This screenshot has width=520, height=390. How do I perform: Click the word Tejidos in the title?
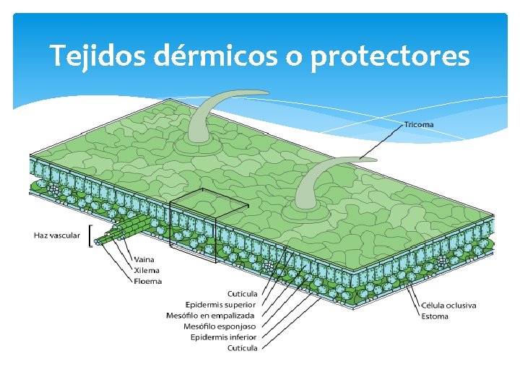click(100, 56)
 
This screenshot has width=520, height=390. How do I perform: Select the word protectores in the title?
click(390, 56)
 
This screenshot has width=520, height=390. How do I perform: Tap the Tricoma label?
click(419, 125)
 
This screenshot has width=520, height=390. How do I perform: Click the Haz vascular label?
click(57, 235)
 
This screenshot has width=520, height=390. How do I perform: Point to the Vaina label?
click(144, 259)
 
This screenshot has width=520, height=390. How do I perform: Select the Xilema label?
click(147, 270)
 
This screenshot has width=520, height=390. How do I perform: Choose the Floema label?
click(147, 281)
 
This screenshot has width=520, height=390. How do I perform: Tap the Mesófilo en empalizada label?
click(211, 315)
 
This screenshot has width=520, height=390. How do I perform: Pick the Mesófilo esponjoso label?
click(220, 326)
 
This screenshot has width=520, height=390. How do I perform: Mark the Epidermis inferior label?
click(224, 337)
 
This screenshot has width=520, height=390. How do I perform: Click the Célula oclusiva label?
click(448, 305)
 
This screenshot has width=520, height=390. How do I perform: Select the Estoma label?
click(435, 316)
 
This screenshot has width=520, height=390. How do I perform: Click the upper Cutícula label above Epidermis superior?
click(242, 293)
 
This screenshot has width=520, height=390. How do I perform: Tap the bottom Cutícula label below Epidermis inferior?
click(242, 347)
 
